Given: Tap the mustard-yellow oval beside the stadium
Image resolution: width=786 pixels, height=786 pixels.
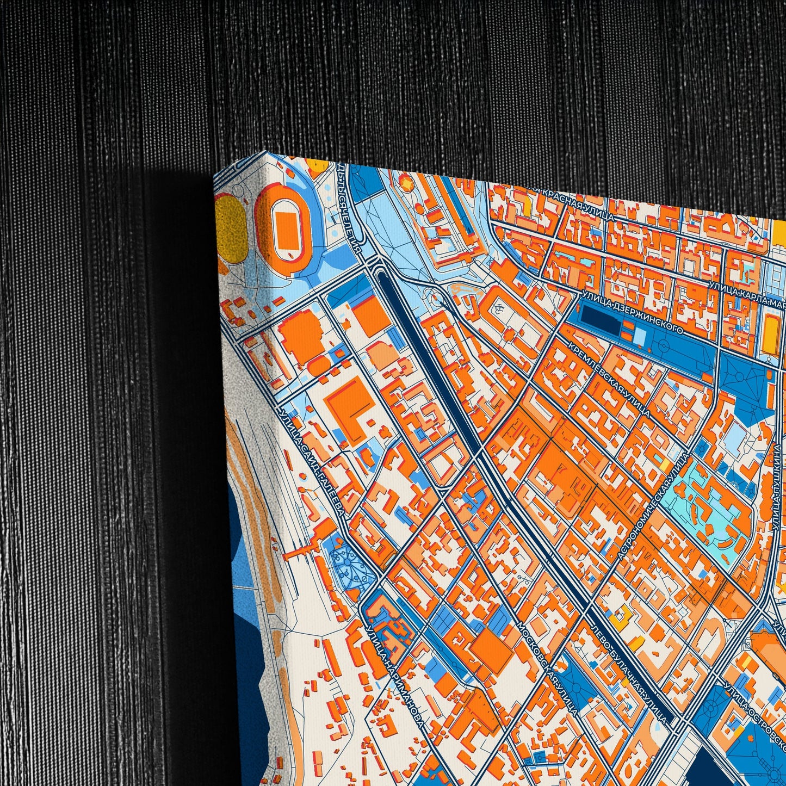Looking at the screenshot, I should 231,224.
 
